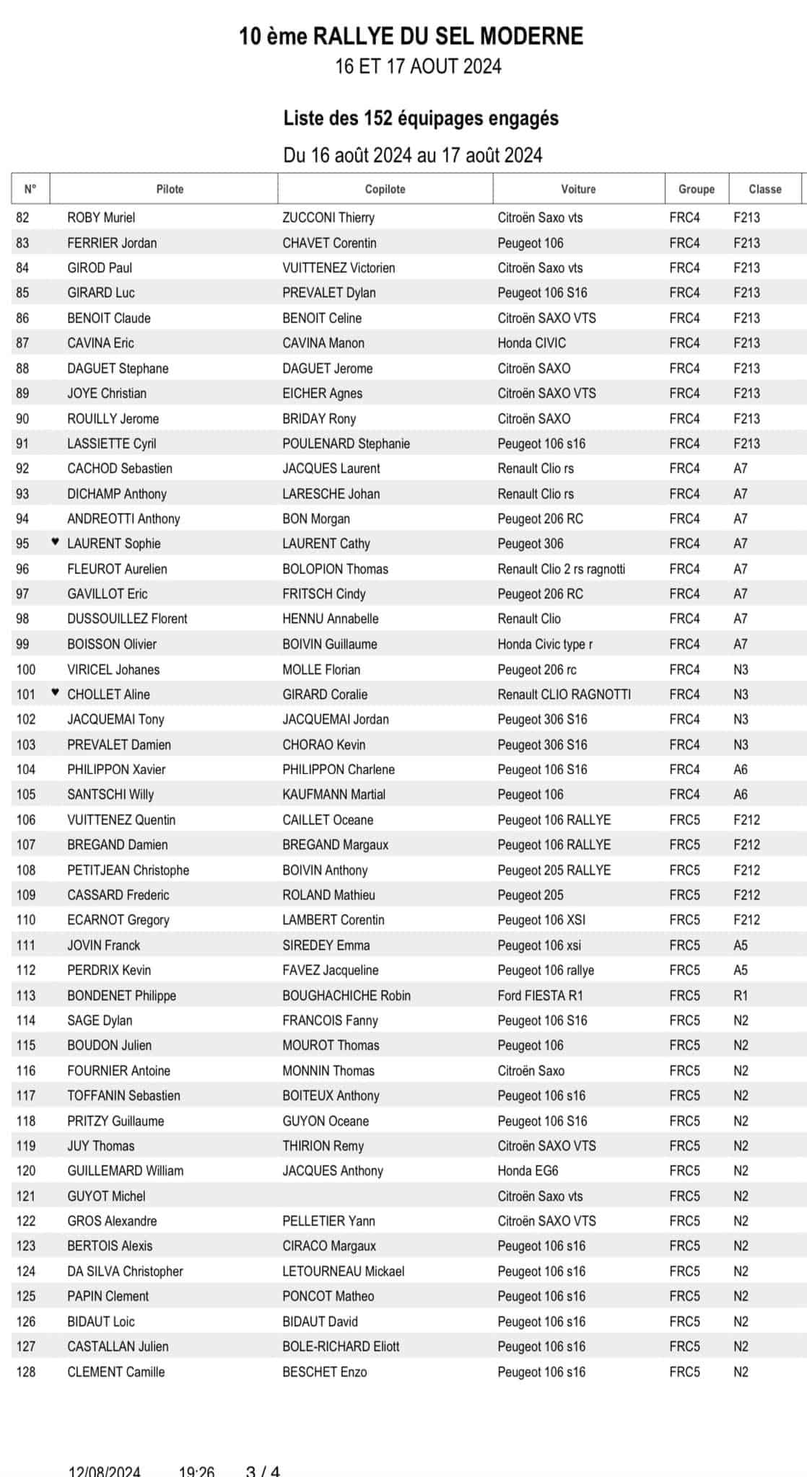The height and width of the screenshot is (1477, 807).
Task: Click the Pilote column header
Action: point(170,189)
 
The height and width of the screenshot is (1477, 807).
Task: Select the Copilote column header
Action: point(385,189)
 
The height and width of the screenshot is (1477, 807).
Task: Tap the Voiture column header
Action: point(578,189)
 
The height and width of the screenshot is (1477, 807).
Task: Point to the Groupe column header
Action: point(696,189)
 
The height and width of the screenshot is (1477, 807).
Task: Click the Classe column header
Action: point(764,189)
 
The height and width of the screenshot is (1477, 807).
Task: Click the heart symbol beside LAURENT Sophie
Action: point(56,542)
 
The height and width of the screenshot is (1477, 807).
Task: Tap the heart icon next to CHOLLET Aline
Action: point(56,693)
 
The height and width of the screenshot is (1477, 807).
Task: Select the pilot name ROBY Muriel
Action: point(101,218)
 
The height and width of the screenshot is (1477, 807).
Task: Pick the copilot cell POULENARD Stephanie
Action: point(346,444)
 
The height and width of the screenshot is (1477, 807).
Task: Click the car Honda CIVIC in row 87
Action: point(531,343)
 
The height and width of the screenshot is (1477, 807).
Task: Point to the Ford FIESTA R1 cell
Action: point(540,995)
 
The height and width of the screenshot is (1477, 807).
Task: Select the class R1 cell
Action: point(741,995)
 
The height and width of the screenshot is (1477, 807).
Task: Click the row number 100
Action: point(26,669)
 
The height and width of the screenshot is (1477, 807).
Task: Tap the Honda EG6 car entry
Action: point(528,1170)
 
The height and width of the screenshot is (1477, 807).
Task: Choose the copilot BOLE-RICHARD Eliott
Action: point(341,1346)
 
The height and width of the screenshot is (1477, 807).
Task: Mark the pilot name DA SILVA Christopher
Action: point(125,1271)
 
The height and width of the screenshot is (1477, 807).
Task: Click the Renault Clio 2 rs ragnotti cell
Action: point(561,569)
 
